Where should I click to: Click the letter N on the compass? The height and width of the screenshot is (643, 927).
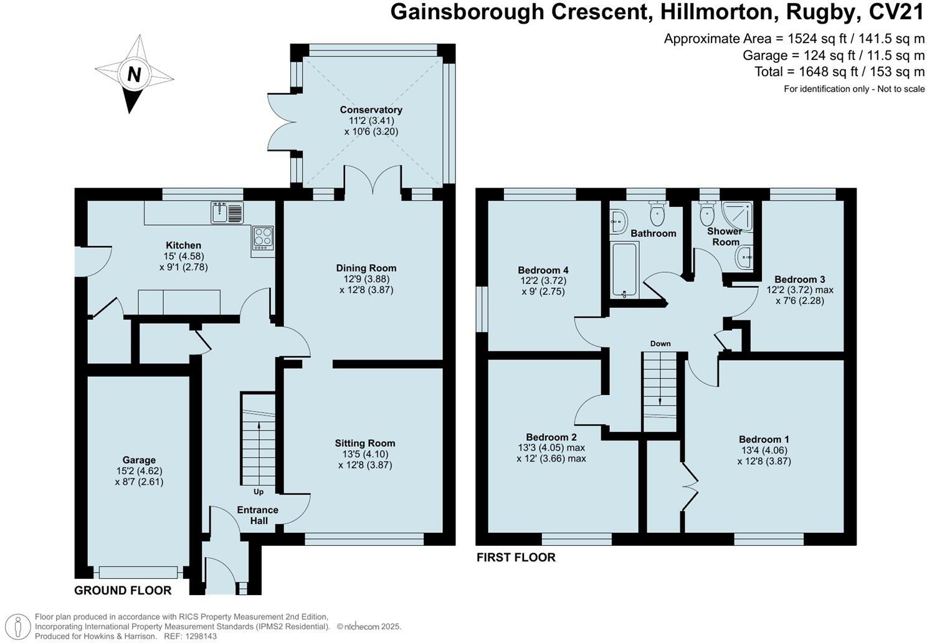coord(133,74)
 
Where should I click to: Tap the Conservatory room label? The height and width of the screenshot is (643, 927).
coord(371,110)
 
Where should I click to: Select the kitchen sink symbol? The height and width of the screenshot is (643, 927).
coord(227,212)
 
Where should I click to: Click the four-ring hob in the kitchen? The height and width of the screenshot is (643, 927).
coord(263,238)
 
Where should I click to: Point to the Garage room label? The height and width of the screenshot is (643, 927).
coord(139,460)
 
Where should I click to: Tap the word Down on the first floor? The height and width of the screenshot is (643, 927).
coord(660,343)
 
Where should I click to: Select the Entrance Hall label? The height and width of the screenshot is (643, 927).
coord(258,515)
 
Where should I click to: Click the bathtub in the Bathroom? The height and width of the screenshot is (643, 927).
coord(624,270)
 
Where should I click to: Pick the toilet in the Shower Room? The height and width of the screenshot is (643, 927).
coord(707,214)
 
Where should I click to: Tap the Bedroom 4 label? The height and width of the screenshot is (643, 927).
coord(543,270)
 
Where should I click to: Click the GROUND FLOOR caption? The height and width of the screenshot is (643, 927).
coord(123,590)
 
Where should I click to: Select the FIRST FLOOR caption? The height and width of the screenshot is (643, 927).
coord(516,558)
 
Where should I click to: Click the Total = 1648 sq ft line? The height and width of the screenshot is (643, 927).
coord(839,72)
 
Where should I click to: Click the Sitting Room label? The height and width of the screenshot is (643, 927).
coord(364,444)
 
